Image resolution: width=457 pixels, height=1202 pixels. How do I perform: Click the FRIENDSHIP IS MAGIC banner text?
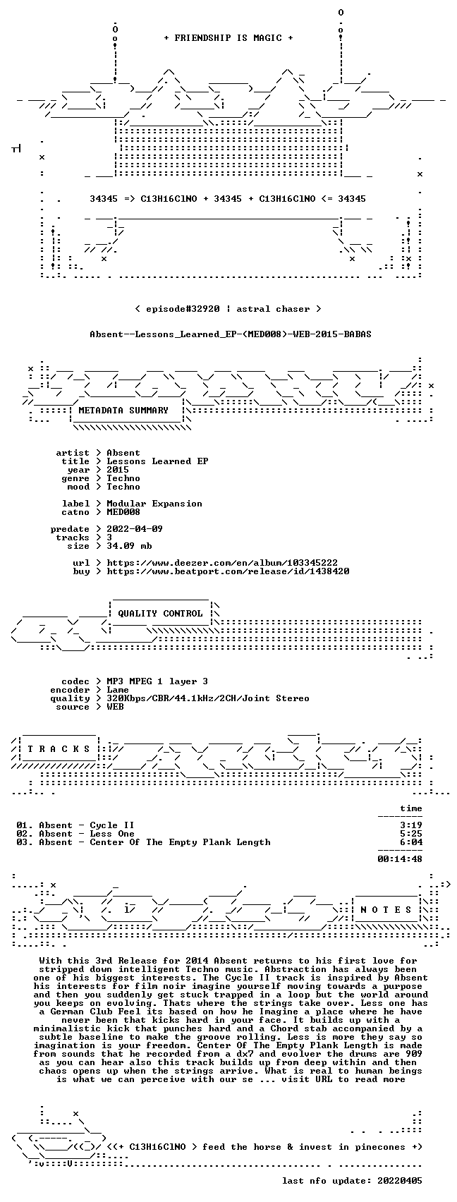228,37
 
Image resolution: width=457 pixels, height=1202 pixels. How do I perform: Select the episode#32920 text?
183,309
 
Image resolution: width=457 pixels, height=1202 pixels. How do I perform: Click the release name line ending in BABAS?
231,334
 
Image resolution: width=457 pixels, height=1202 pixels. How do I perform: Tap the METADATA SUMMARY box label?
123,411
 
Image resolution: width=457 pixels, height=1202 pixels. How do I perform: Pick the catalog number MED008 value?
123,512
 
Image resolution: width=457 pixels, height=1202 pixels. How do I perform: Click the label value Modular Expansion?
154,504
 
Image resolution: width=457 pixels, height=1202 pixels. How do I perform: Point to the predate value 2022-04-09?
135,529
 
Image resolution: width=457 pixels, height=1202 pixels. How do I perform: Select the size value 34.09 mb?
129,546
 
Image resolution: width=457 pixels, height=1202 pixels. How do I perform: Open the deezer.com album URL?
223,563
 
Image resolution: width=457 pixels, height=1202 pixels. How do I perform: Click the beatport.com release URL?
228,571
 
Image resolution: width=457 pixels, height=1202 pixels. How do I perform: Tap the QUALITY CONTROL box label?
160,613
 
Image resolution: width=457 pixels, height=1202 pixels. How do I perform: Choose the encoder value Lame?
118,690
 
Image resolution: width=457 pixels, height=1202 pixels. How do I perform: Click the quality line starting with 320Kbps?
208,698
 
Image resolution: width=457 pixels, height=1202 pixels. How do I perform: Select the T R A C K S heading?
59,749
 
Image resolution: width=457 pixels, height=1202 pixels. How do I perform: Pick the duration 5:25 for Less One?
411,834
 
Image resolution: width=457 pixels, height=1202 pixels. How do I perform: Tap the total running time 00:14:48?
400,859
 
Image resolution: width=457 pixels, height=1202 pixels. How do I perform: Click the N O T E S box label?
386,910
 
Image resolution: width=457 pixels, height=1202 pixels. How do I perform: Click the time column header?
411,808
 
